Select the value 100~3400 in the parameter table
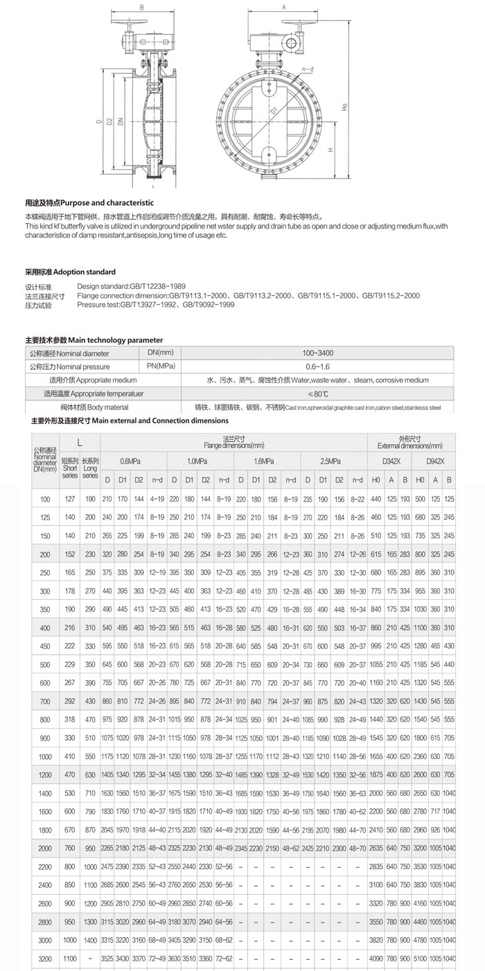310,353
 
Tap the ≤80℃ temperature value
310,393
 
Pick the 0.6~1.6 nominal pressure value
310,366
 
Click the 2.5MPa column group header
332,461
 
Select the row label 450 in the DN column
46,645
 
